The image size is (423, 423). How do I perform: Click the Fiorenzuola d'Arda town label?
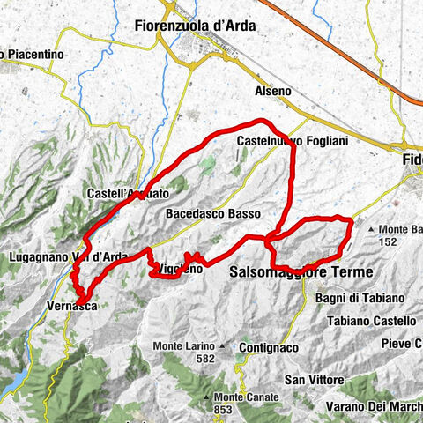click(196, 26)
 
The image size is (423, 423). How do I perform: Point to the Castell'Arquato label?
click(128, 191)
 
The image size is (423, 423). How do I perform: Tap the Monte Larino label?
click(184, 345)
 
